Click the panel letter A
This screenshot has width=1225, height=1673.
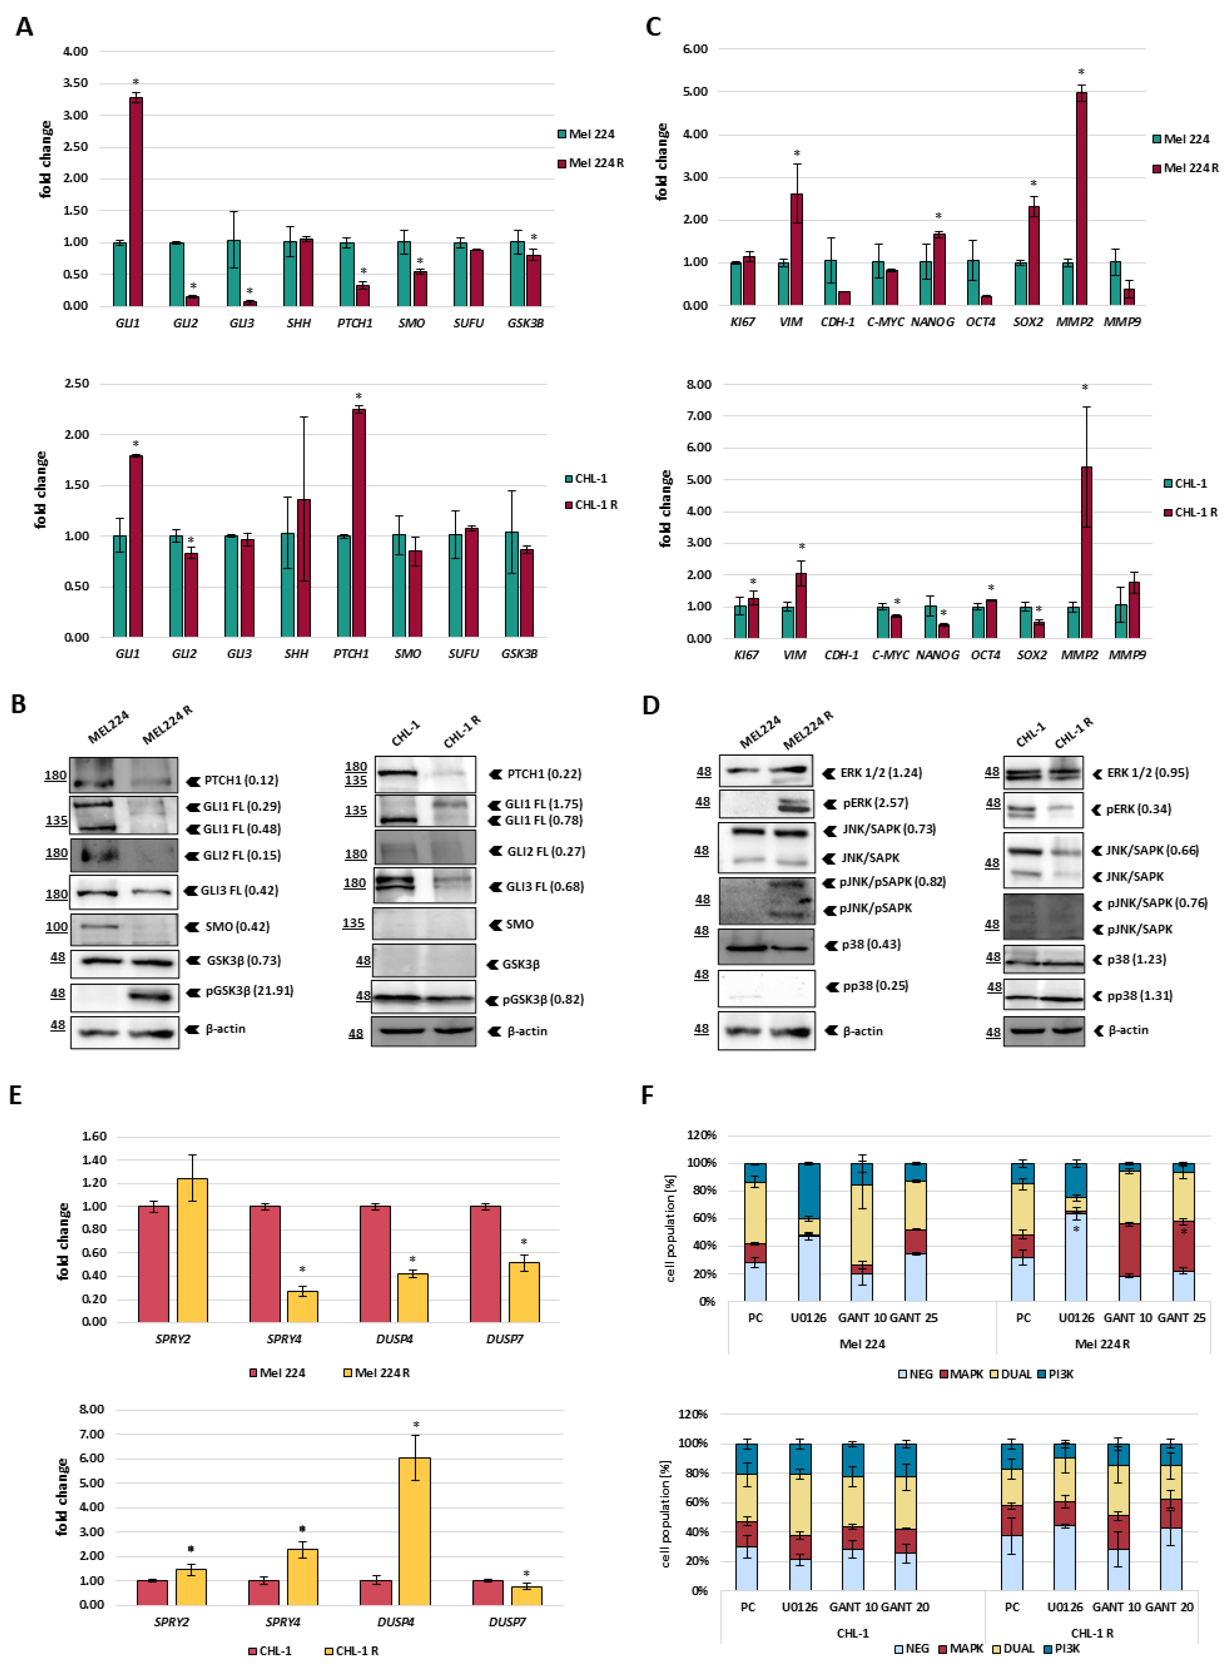[x=24, y=27]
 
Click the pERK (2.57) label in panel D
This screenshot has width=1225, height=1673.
[x=875, y=802]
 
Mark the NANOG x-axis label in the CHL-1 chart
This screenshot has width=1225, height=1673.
[x=937, y=655]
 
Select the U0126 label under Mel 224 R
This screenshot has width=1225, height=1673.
[x=1076, y=1318]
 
